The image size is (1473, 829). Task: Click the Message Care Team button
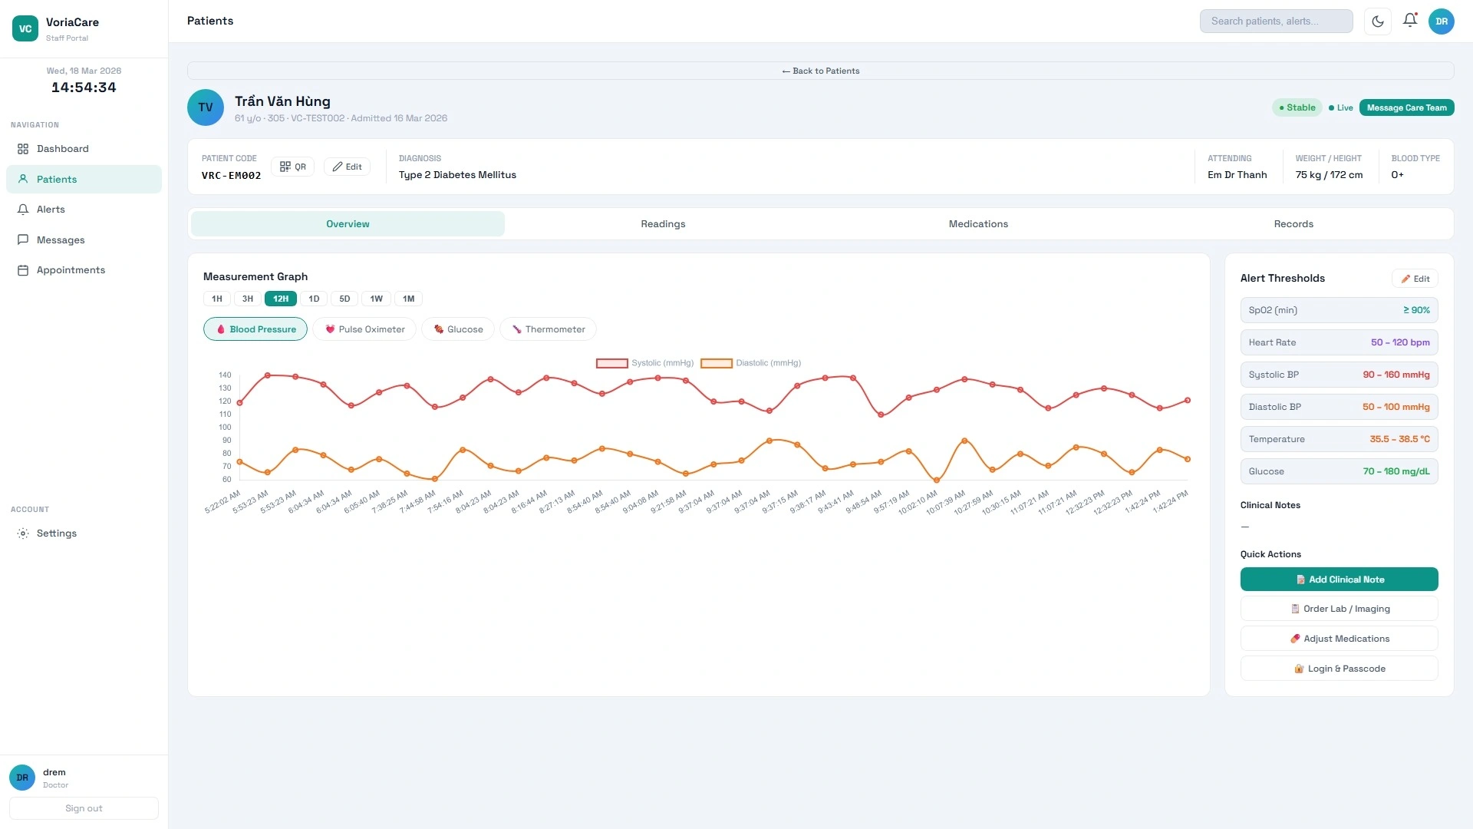point(1406,107)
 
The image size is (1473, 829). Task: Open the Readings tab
point(663,224)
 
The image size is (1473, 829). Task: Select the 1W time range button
point(376,299)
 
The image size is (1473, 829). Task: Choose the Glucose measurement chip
point(458,329)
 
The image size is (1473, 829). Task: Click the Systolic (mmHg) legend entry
point(645,363)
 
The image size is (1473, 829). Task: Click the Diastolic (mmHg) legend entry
point(751,363)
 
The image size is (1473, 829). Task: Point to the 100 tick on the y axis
point(225,428)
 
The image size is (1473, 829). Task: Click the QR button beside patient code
point(292,167)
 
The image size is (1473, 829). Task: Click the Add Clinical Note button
point(1339,580)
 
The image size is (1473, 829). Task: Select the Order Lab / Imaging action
point(1339,609)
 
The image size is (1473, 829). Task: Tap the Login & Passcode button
point(1339,669)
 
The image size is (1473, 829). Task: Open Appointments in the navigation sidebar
point(71,270)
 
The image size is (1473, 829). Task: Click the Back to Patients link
point(820,71)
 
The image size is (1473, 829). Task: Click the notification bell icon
point(1409,21)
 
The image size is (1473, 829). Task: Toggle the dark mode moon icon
point(1378,21)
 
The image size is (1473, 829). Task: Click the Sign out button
point(84,808)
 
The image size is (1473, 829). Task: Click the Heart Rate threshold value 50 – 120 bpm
point(1400,342)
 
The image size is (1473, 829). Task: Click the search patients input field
point(1276,21)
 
